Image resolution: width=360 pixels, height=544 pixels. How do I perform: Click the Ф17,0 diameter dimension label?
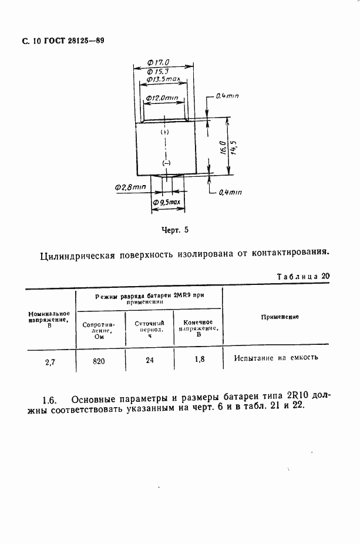[158, 61]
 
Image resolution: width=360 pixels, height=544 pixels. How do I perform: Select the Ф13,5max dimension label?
[163, 79]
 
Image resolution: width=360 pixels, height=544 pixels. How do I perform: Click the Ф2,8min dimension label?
[130, 187]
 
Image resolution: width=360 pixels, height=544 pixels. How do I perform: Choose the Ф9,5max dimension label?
[166, 203]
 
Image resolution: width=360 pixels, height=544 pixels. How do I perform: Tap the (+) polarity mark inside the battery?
[164, 133]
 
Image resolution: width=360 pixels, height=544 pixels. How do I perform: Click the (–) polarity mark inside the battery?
[165, 162]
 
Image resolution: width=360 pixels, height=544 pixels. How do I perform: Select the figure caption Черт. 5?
[174, 230]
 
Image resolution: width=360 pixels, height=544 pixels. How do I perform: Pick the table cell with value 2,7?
[50, 361]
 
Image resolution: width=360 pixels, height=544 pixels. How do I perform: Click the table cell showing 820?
[99, 361]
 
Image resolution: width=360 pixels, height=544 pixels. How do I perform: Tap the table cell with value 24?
[149, 360]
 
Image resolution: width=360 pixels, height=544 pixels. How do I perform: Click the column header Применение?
[279, 317]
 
